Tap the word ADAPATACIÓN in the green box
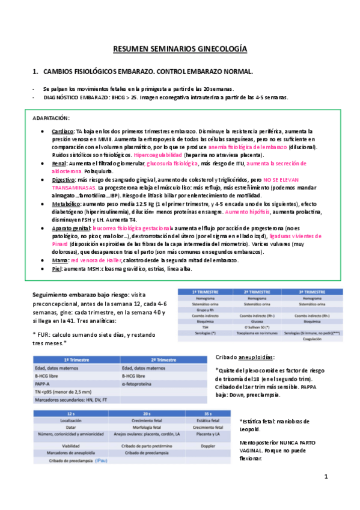point(51,118)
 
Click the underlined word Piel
point(57,269)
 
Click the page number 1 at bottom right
point(325,477)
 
